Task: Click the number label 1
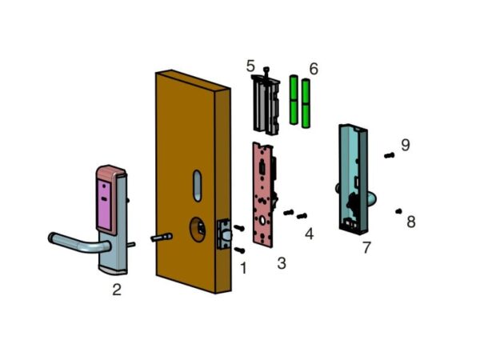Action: coord(243,268)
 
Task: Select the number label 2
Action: coord(117,290)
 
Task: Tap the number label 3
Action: coord(281,262)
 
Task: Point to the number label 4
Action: coord(309,234)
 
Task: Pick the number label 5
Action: coord(250,65)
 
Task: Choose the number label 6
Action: coord(314,70)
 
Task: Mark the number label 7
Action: coord(366,247)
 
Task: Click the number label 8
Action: coord(410,222)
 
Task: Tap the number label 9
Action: coord(406,145)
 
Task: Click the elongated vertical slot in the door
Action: coord(196,185)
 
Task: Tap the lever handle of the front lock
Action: coord(76,242)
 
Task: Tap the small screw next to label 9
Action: coord(389,155)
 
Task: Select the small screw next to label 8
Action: coord(398,211)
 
